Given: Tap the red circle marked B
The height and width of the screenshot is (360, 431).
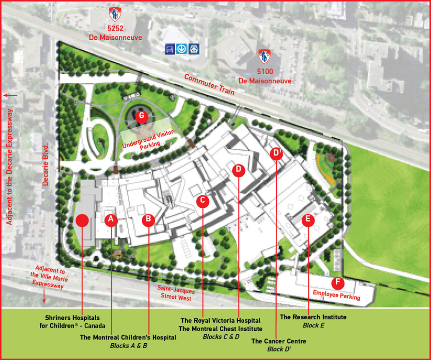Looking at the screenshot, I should (x=148, y=220).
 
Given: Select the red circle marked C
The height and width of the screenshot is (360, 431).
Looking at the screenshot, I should (x=203, y=201).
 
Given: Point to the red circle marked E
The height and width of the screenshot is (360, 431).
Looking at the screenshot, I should (x=308, y=220).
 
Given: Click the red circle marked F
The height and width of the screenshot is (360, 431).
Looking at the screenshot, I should (x=338, y=283).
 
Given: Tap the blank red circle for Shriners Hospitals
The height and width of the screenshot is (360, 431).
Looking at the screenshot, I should (x=82, y=221).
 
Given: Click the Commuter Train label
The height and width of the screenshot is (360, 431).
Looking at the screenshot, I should (x=210, y=85).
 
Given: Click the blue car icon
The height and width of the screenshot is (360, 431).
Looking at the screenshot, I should (x=170, y=49).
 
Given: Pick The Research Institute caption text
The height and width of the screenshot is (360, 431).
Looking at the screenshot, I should (x=313, y=317).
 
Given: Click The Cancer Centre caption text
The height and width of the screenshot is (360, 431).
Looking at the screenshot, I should (x=279, y=341).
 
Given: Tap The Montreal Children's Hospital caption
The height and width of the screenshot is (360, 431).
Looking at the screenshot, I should (x=128, y=337).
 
